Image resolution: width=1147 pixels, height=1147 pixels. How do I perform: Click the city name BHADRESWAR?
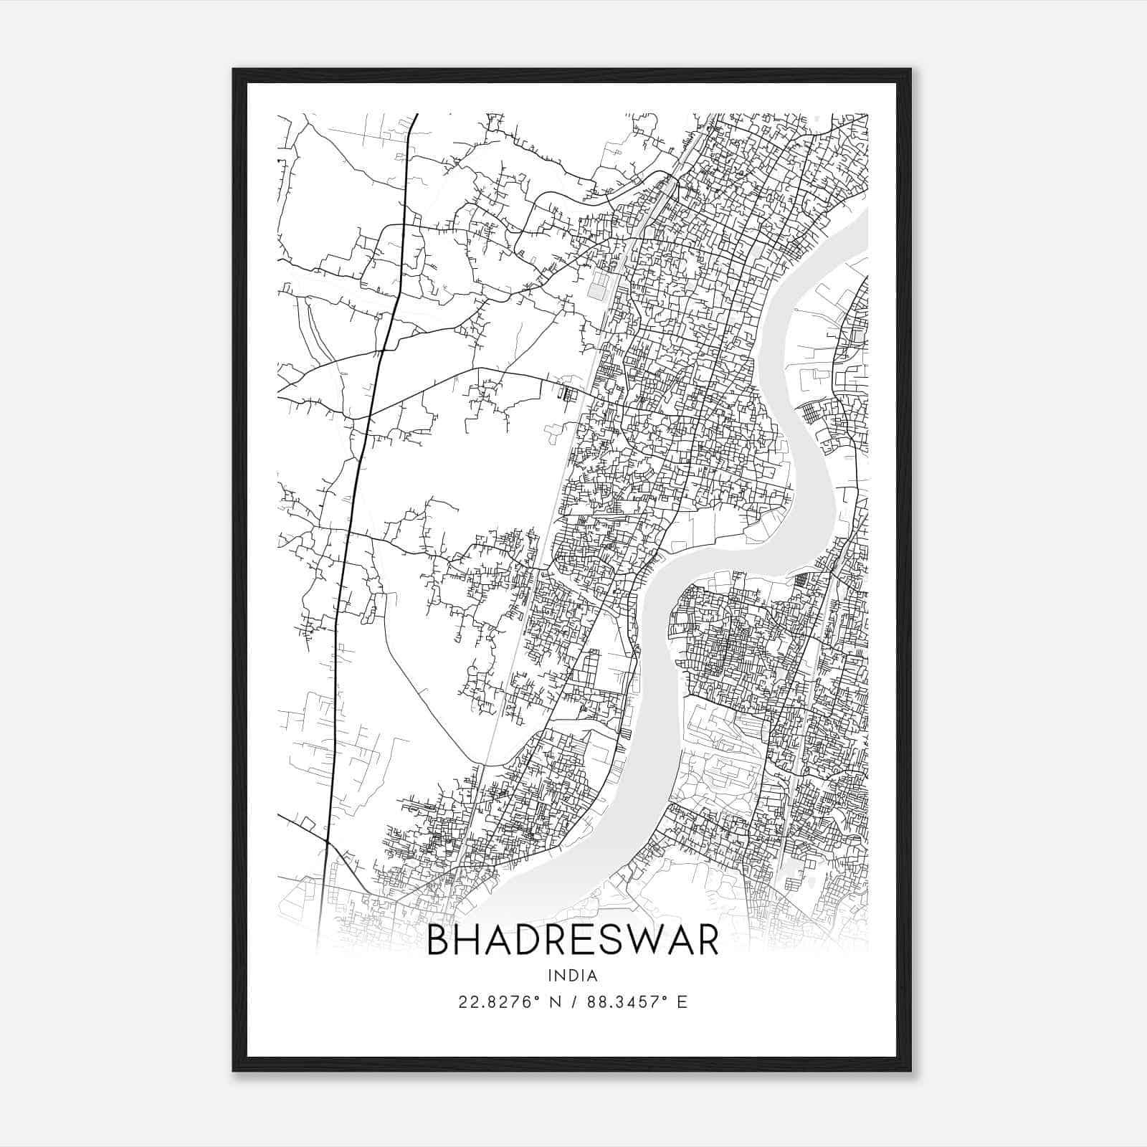(572, 941)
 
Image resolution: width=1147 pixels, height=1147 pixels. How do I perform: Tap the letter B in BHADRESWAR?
(439, 941)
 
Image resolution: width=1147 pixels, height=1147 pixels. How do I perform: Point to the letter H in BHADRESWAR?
(472, 941)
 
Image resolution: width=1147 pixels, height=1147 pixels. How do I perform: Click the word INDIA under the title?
(572, 976)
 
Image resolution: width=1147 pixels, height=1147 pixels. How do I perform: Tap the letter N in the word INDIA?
(561, 976)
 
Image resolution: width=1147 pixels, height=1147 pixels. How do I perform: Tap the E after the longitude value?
(682, 1002)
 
